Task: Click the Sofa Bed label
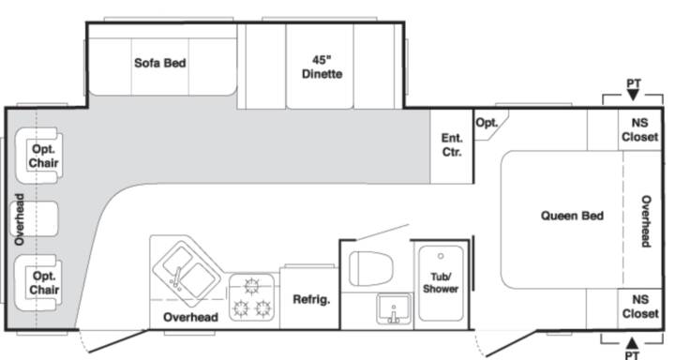click(x=160, y=63)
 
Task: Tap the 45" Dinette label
click(x=322, y=67)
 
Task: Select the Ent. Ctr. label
click(x=452, y=145)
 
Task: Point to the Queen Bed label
click(x=572, y=216)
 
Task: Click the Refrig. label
click(x=311, y=299)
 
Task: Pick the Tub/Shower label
click(x=441, y=282)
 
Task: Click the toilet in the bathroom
click(x=370, y=269)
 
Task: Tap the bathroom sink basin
click(x=394, y=308)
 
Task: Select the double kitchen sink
click(x=187, y=271)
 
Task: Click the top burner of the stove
click(x=251, y=286)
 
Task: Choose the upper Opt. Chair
click(x=39, y=156)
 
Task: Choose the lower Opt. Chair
click(x=38, y=282)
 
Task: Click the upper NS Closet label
click(x=639, y=129)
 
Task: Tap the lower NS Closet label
click(x=640, y=307)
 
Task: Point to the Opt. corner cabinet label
click(x=487, y=123)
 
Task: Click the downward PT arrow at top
click(x=633, y=95)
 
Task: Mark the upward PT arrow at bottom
click(x=632, y=343)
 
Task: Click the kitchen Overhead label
click(x=190, y=318)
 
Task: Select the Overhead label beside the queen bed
click(x=646, y=221)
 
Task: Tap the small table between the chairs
click(x=35, y=218)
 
